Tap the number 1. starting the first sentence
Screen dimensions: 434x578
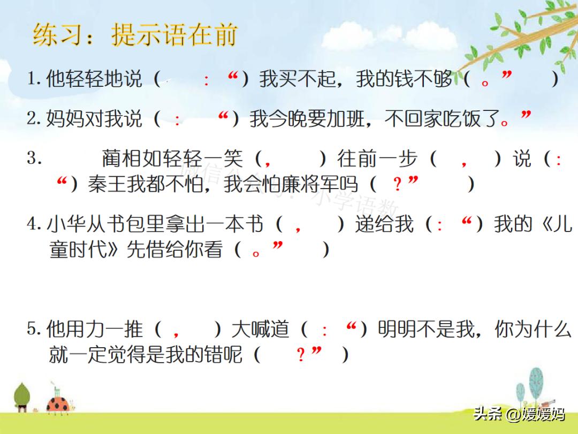[34, 79]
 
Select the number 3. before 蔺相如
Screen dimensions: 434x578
[34, 159]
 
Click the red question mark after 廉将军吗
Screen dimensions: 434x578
[397, 185]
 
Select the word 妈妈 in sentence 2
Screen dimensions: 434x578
[65, 118]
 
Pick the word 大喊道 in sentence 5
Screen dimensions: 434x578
[260, 329]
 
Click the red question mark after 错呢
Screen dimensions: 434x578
[301, 355]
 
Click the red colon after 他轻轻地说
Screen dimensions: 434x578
[207, 80]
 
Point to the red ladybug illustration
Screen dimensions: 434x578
[57, 405]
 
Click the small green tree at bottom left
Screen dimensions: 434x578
[21, 396]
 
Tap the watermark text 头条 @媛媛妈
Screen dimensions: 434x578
[519, 414]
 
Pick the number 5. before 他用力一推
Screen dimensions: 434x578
[34, 329]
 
